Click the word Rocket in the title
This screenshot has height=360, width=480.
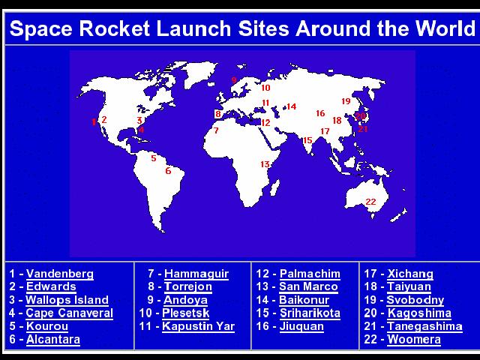pyautogui.click(x=115, y=28)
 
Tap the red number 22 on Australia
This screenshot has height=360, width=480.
pyautogui.click(x=370, y=202)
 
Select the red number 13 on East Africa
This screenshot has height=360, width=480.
pyautogui.click(x=265, y=164)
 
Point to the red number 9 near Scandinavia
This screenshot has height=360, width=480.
pyautogui.click(x=234, y=80)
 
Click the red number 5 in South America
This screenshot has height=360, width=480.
pyautogui.click(x=154, y=158)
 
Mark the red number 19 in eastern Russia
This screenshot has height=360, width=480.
pyautogui.click(x=346, y=101)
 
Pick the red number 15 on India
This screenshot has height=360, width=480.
pyautogui.click(x=307, y=140)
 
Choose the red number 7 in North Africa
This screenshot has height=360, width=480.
pyautogui.click(x=216, y=130)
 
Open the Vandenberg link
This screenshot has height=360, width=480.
pyautogui.click(x=60, y=274)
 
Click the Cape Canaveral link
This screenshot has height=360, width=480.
pyautogui.click(x=70, y=313)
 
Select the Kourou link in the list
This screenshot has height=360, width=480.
pyautogui.click(x=47, y=326)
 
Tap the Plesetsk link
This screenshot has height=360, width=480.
pyautogui.click(x=186, y=313)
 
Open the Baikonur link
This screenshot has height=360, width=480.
pyautogui.click(x=304, y=300)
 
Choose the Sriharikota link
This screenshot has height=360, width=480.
pyautogui.click(x=310, y=313)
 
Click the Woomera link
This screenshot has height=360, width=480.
pyautogui.click(x=414, y=339)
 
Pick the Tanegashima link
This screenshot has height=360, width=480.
pyautogui.click(x=424, y=326)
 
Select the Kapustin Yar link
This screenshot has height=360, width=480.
pyautogui.click(x=198, y=326)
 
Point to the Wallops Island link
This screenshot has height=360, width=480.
pyautogui.click(x=67, y=300)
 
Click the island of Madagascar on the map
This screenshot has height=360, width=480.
pyautogui.click(x=275, y=187)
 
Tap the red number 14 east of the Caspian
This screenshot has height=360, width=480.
pyautogui.click(x=292, y=106)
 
